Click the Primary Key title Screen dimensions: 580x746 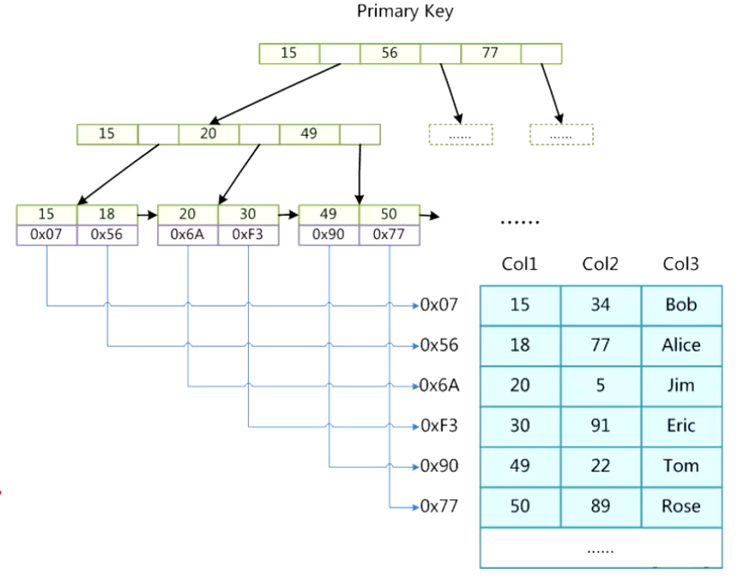(404, 12)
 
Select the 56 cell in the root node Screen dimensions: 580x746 (389, 53)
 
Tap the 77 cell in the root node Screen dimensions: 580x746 (490, 53)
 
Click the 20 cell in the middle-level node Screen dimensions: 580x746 (209, 134)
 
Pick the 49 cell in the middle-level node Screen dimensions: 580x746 (309, 134)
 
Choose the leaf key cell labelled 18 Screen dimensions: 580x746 (107, 215)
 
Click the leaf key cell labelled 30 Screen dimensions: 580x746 (248, 215)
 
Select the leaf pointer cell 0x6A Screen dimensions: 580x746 (188, 235)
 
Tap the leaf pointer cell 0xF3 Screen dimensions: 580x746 (248, 235)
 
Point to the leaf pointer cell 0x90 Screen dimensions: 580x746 (329, 235)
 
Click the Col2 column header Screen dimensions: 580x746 (600, 263)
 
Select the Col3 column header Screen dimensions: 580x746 (680, 263)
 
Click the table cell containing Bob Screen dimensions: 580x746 (681, 305)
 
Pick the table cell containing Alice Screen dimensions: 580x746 (681, 345)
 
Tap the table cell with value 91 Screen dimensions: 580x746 (600, 425)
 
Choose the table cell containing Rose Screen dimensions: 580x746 (681, 506)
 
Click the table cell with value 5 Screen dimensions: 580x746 (600, 386)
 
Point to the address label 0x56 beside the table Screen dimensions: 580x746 (440, 345)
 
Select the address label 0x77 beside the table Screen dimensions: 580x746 (440, 506)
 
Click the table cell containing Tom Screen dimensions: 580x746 (681, 466)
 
